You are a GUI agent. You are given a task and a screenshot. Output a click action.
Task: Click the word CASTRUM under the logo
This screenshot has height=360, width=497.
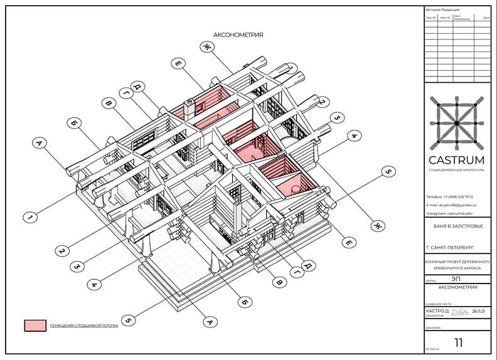(456, 159)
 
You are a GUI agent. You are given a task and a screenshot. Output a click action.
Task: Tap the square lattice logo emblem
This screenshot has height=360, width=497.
(456, 122)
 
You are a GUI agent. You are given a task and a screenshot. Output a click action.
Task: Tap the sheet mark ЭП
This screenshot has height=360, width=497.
(456, 281)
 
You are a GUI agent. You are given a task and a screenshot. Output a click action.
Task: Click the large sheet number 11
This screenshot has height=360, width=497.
(459, 342)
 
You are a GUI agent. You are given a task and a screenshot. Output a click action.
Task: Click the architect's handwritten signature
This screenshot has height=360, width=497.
(461, 311)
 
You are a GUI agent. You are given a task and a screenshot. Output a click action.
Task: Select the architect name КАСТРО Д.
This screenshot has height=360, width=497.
(437, 311)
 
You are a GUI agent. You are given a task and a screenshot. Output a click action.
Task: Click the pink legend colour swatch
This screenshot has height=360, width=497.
(35, 326)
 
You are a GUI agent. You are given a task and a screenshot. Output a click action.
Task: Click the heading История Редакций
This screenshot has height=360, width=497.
(443, 10)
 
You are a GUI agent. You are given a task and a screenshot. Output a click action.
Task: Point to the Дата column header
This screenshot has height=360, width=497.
(486, 18)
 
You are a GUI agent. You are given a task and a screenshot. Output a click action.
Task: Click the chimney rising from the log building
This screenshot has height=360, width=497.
(188, 109)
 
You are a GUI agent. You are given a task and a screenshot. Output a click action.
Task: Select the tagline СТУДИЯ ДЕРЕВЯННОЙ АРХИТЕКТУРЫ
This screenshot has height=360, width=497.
(456, 170)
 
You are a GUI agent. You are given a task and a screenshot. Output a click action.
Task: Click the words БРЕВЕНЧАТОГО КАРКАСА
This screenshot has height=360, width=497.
(456, 268)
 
